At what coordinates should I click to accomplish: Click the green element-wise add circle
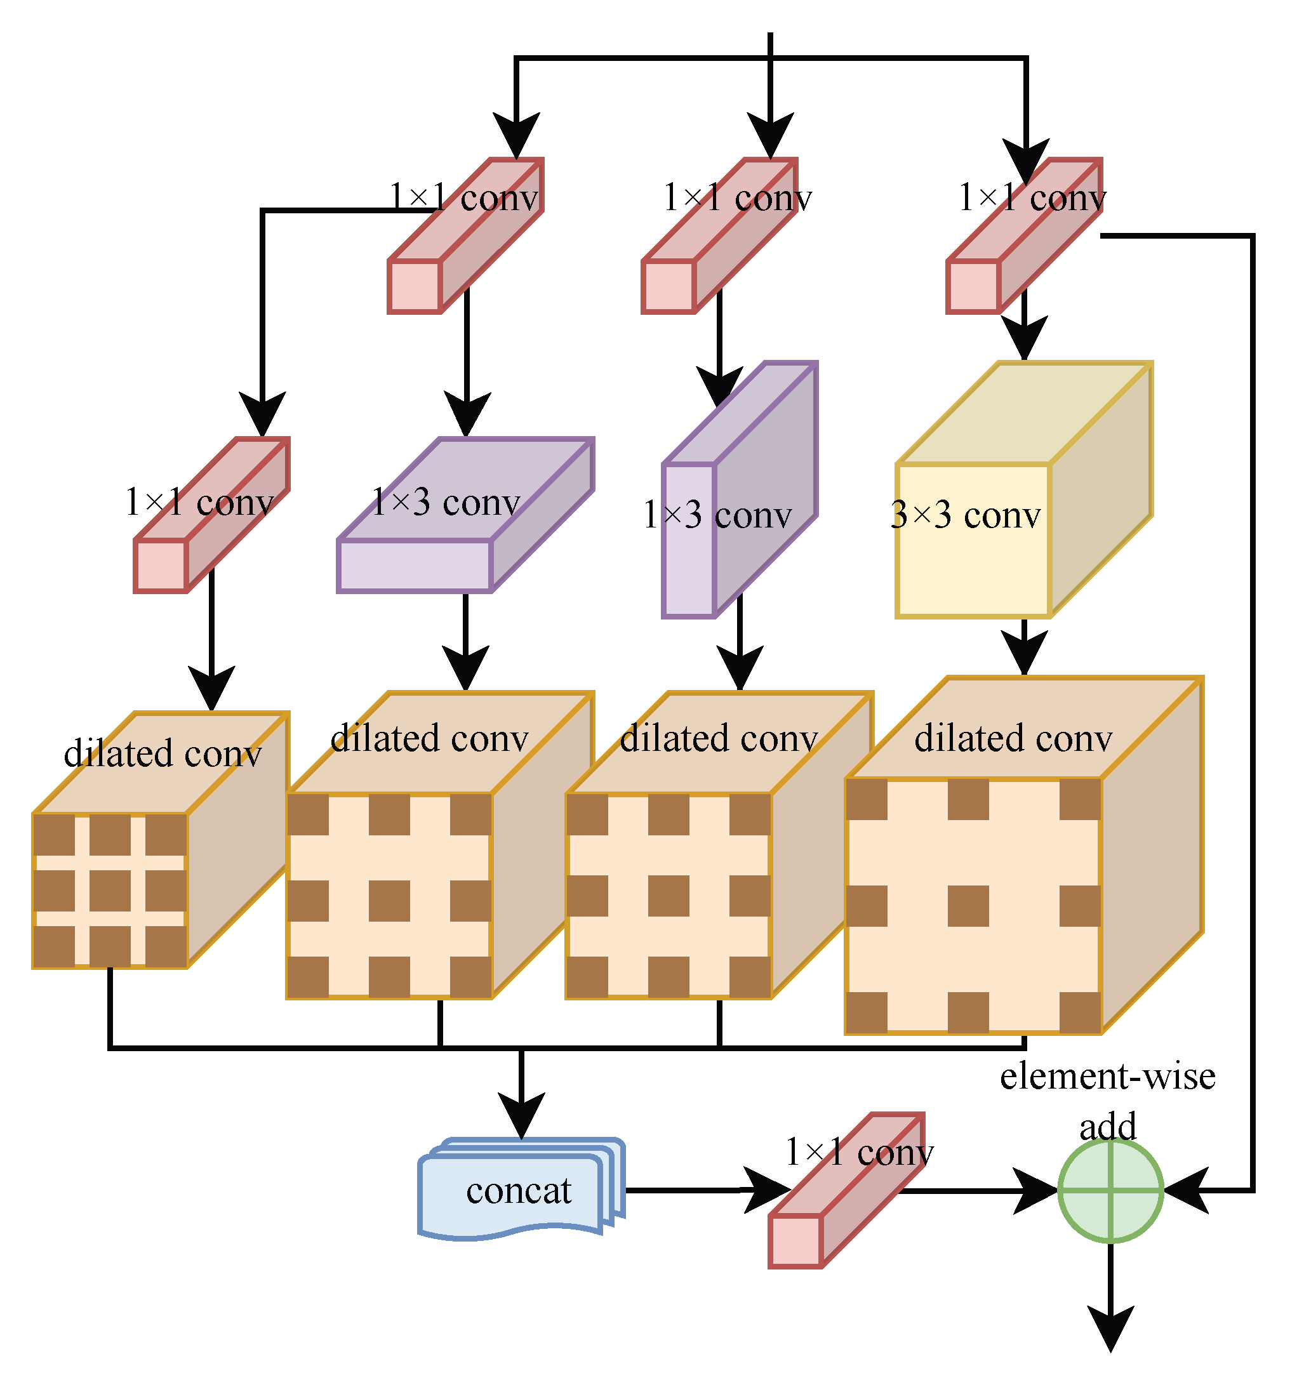1110,1191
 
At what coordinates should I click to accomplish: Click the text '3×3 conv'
965,515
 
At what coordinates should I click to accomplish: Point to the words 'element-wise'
1107,1076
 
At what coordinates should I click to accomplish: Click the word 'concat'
519,1191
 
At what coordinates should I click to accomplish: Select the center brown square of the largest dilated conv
968,906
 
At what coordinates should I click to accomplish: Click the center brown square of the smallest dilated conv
110,890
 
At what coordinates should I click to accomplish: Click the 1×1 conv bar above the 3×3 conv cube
1024,235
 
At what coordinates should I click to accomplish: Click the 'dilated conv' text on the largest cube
1013,739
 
